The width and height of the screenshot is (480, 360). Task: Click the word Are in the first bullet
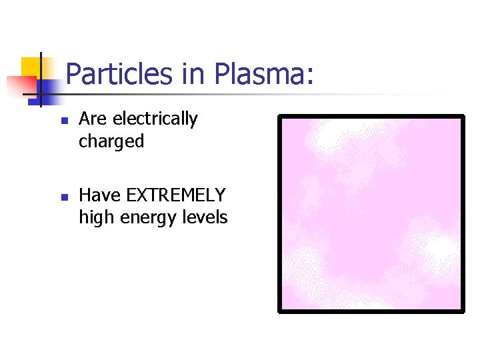pyautogui.click(x=93, y=119)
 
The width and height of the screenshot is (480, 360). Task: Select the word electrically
pyautogui.click(x=155, y=120)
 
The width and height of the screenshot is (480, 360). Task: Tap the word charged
pyautogui.click(x=111, y=142)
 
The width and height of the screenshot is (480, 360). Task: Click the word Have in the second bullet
pyautogui.click(x=99, y=195)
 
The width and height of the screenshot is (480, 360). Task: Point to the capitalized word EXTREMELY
pyautogui.click(x=176, y=195)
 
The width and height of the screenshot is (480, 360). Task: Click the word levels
pyautogui.click(x=207, y=217)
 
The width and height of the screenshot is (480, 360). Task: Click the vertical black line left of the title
pyautogui.click(x=41, y=79)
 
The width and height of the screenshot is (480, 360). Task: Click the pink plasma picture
pyautogui.click(x=371, y=213)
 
